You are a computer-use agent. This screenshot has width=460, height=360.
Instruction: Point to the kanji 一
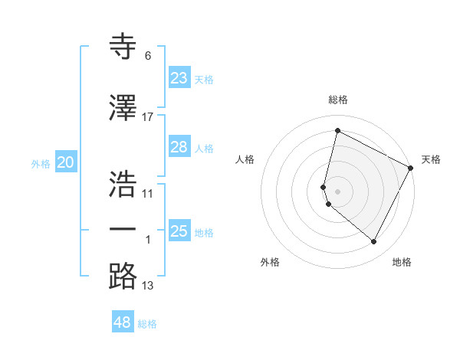click(x=123, y=229)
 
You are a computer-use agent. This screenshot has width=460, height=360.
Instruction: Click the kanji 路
click(x=123, y=276)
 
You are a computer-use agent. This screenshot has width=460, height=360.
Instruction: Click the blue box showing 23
click(x=179, y=78)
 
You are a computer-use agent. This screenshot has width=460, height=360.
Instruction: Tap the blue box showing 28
click(x=179, y=148)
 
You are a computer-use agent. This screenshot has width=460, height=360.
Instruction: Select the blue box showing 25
click(x=179, y=231)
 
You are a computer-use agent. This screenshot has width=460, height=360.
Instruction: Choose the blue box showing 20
click(x=65, y=162)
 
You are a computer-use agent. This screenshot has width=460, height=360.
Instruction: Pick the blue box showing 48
click(x=123, y=322)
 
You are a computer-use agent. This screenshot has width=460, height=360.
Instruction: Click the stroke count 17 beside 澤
click(x=148, y=116)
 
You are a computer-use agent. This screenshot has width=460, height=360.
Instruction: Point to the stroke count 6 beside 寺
click(x=148, y=56)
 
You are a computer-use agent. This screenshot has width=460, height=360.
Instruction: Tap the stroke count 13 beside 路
click(x=148, y=286)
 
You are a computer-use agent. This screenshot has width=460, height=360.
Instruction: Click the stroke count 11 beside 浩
click(x=148, y=193)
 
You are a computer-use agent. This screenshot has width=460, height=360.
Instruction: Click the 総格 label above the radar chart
click(x=338, y=100)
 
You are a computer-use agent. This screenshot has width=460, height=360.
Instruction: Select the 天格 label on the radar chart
click(x=432, y=159)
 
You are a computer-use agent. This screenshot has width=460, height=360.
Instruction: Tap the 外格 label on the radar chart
click(x=270, y=262)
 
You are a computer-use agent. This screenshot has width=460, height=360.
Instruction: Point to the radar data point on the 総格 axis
click(x=337, y=130)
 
